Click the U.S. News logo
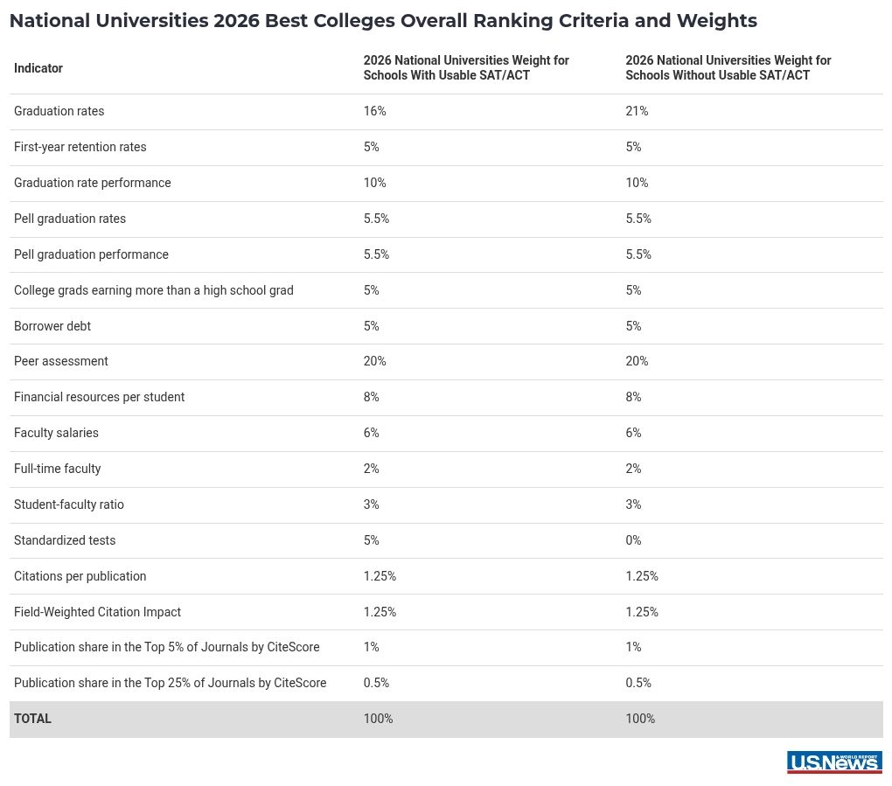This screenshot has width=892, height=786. pyautogui.click(x=834, y=762)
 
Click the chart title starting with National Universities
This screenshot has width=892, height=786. pyautogui.click(x=383, y=21)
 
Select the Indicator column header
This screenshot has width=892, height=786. pyautogui.click(x=38, y=68)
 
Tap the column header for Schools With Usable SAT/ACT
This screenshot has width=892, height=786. pyautogui.click(x=466, y=68)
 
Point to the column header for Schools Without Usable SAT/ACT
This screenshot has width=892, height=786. pyautogui.click(x=728, y=68)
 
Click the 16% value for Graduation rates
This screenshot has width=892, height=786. pyautogui.click(x=374, y=111)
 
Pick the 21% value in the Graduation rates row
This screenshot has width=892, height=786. pyautogui.click(x=637, y=111)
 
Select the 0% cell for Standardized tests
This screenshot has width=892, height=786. pyautogui.click(x=633, y=540)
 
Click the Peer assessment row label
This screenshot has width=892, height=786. pyautogui.click(x=61, y=361)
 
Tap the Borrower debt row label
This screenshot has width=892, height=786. pyautogui.click(x=52, y=326)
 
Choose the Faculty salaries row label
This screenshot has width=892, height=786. pyautogui.click(x=56, y=433)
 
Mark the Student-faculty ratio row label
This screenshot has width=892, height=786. pyautogui.click(x=69, y=504)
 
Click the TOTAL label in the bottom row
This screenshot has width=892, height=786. pyautogui.click(x=32, y=719)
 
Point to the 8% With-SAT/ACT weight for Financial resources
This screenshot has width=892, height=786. pyautogui.click(x=371, y=397)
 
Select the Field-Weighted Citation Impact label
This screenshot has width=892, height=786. pyautogui.click(x=97, y=612)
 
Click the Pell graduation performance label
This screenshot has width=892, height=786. pyautogui.click(x=91, y=254)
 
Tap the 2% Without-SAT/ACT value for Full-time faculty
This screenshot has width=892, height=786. pyautogui.click(x=633, y=469)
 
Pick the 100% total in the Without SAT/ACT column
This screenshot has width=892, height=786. pyautogui.click(x=640, y=719)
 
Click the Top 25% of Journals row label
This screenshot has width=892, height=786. pyautogui.click(x=170, y=683)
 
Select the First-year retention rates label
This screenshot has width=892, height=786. pyautogui.click(x=80, y=147)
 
